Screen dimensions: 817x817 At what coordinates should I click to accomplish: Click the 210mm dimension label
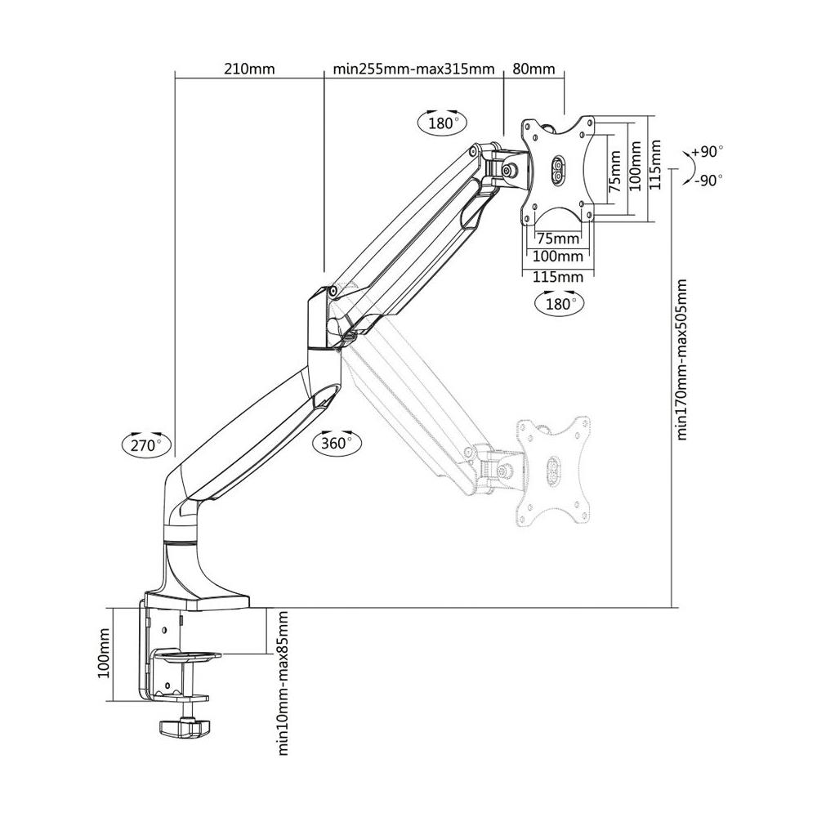tap(249, 69)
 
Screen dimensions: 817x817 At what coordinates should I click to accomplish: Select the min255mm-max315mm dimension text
tap(413, 69)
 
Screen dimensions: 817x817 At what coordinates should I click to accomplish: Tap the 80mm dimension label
tap(534, 69)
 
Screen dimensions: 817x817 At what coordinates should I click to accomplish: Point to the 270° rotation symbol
tap(145, 444)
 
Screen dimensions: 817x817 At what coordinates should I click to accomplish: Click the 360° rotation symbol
tap(336, 442)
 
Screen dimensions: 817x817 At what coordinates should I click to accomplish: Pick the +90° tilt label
tap(707, 152)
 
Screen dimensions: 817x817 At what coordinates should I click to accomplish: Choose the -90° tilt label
tap(708, 181)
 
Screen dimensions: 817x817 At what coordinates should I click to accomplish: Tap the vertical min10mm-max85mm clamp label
tap(283, 683)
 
